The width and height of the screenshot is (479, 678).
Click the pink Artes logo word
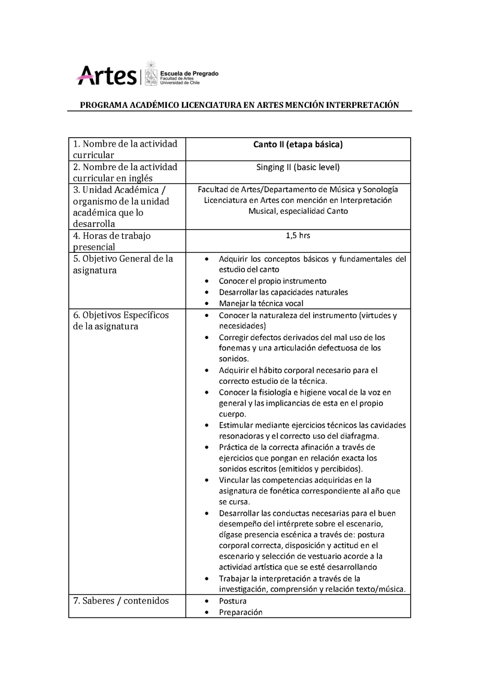point(107,75)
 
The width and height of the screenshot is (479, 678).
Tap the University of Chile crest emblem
point(151,74)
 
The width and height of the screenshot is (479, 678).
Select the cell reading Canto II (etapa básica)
point(298,144)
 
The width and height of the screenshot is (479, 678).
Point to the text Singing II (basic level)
point(298,167)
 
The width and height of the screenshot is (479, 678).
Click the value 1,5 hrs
point(298,236)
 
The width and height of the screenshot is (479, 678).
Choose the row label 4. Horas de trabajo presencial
point(112,241)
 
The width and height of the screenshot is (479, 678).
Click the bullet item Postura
point(233,601)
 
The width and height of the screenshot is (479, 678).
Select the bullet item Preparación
point(241,612)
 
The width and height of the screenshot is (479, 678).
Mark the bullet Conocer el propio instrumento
point(272,281)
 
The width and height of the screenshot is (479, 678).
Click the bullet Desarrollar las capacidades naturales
point(283,292)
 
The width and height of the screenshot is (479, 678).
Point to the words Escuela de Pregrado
point(189,73)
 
